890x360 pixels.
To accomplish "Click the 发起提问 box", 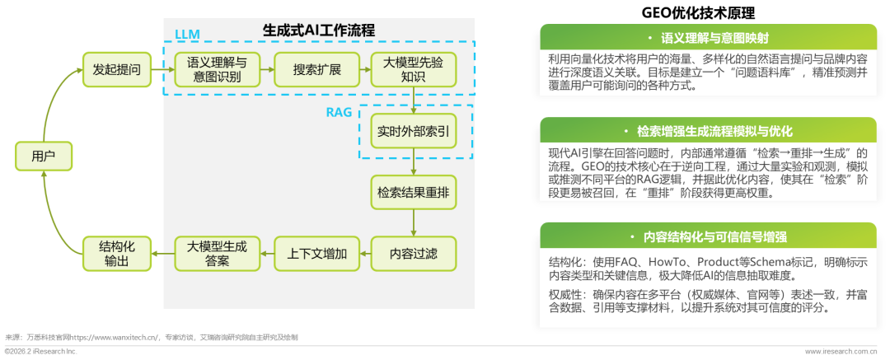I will click(x=117, y=70).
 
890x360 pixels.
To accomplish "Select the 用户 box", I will click(x=44, y=157).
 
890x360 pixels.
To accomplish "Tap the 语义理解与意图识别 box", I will click(x=216, y=70).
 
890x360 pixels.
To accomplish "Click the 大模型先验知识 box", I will click(x=413, y=70).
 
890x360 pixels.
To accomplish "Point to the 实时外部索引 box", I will click(x=413, y=131).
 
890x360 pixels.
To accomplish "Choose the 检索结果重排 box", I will click(x=413, y=192).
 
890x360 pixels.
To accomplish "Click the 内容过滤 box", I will click(x=413, y=254).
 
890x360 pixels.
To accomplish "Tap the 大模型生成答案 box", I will click(x=216, y=254).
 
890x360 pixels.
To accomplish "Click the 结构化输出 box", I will click(x=117, y=254).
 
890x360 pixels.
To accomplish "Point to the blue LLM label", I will click(x=187, y=34).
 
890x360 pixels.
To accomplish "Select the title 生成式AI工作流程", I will click(x=319, y=30).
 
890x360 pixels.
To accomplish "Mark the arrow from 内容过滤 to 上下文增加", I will click(x=363, y=254).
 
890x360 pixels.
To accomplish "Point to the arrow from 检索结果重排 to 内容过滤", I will click(x=413, y=222).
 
